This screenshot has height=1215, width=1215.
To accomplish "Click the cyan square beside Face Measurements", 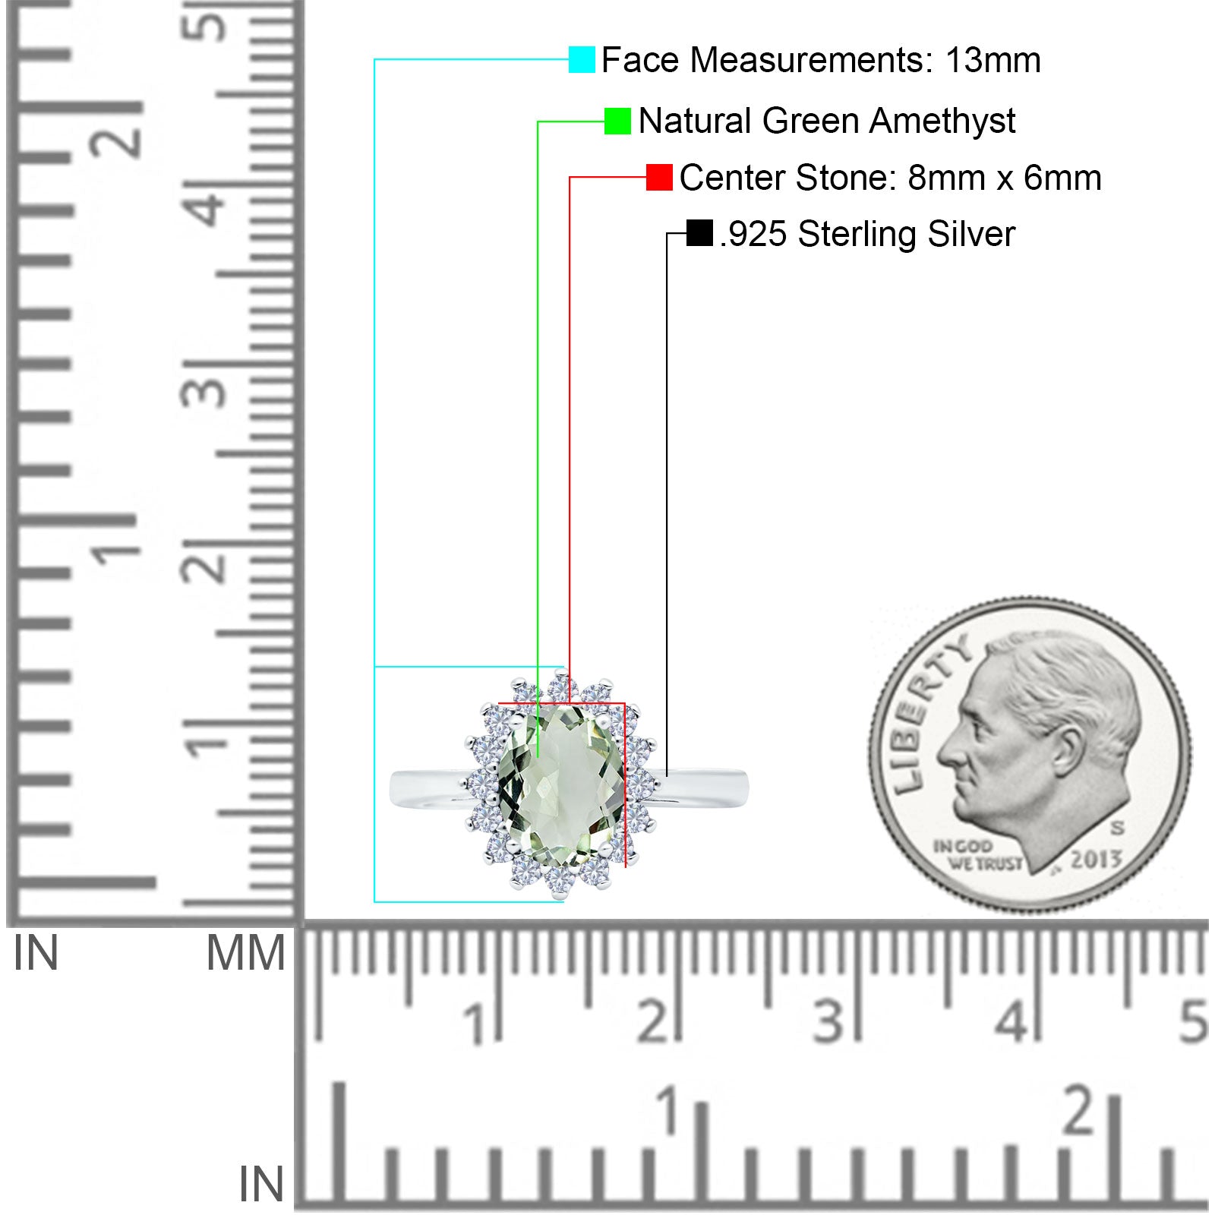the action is coord(582,59).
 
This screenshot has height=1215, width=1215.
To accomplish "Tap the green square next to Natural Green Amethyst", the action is coord(617,121).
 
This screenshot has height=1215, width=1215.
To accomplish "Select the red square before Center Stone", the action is coord(659,177).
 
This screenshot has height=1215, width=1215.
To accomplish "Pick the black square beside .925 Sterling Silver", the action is coord(699,233).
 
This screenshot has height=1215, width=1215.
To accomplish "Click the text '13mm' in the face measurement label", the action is coord(993,60).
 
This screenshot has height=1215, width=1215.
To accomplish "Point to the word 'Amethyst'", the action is coord(942,121).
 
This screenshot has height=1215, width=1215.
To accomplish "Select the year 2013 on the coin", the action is coord(1096,859).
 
